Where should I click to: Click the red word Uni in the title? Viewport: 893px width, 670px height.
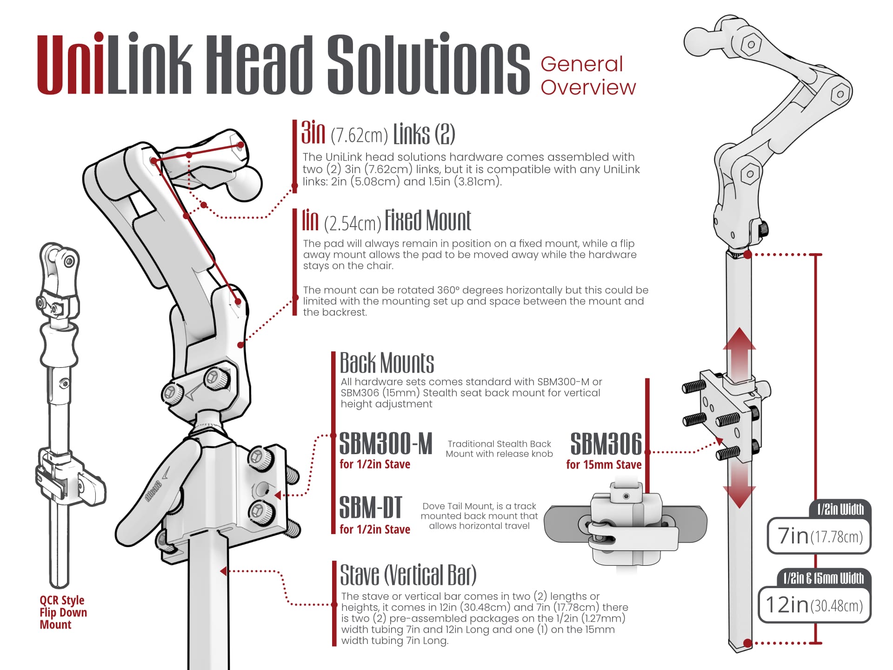(71, 65)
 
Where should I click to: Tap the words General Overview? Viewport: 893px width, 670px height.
(587, 76)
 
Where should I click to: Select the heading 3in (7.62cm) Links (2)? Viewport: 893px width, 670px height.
(378, 134)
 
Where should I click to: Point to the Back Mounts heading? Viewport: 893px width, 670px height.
(387, 363)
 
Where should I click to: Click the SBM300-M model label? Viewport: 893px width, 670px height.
(386, 444)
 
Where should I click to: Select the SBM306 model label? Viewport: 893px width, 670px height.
(606, 444)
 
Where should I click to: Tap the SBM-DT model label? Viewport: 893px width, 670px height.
(370, 508)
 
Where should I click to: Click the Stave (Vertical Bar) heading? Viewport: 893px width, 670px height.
(408, 575)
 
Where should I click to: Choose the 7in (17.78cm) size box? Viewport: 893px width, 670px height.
(819, 536)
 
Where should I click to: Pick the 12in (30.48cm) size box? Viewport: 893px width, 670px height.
(814, 605)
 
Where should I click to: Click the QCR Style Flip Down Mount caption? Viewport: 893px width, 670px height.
(63, 612)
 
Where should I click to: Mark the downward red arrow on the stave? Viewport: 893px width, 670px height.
(739, 486)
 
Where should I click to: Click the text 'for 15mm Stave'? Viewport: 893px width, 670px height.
(604, 465)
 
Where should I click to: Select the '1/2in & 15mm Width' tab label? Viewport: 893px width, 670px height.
(823, 578)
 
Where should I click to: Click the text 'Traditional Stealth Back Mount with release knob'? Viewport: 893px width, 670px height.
(499, 449)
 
